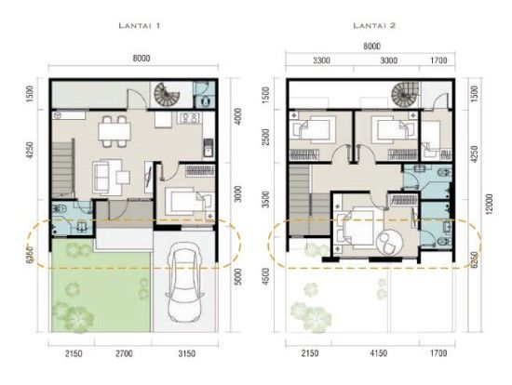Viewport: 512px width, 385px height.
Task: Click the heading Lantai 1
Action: point(140,25)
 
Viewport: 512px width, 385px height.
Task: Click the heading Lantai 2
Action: point(374,25)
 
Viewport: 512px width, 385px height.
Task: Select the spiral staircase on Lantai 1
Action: point(167,94)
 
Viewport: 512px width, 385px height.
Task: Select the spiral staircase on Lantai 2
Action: point(405,94)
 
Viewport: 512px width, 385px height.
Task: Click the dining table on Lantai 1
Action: point(115,131)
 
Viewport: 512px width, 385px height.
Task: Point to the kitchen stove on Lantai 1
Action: point(189,117)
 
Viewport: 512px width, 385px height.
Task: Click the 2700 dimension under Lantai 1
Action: point(124,353)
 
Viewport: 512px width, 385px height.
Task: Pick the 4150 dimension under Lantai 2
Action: point(379,353)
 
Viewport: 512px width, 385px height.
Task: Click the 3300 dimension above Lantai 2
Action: point(321,60)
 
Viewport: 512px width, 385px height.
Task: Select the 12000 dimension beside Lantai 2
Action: point(489,205)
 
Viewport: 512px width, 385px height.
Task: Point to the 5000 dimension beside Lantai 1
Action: point(239,277)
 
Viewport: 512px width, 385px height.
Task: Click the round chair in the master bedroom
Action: point(390,242)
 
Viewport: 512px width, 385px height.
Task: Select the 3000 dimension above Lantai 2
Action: point(388,60)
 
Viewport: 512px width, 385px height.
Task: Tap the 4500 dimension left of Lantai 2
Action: point(266,277)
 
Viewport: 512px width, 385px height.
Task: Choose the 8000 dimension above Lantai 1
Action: point(141,59)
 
